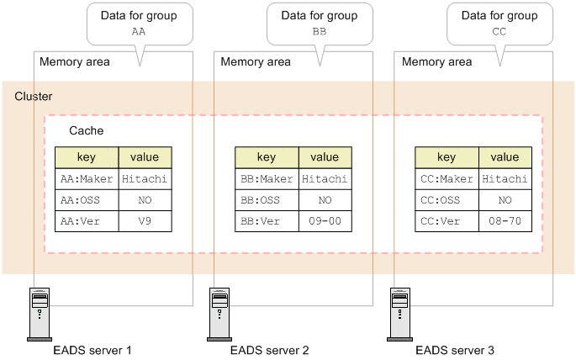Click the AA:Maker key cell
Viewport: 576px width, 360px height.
[x=87, y=178]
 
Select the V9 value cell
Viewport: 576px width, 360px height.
[x=145, y=221]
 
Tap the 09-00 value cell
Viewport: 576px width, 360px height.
[x=325, y=221]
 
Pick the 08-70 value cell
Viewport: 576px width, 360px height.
[x=505, y=221]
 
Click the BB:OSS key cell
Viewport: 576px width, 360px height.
[x=267, y=200]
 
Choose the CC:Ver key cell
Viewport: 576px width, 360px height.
[x=447, y=221]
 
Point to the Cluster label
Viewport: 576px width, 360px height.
[x=34, y=97]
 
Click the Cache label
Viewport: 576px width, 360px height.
[x=87, y=132]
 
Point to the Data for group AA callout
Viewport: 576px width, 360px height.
[x=139, y=23]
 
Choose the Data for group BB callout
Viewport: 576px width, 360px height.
[x=319, y=23]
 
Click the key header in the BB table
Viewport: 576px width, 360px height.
[x=267, y=157]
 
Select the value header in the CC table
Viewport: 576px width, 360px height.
[x=505, y=157]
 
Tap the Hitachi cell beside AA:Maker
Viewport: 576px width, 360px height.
[x=145, y=178]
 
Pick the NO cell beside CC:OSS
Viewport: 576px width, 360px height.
[x=505, y=200]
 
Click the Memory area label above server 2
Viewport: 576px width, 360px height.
[x=255, y=61]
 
